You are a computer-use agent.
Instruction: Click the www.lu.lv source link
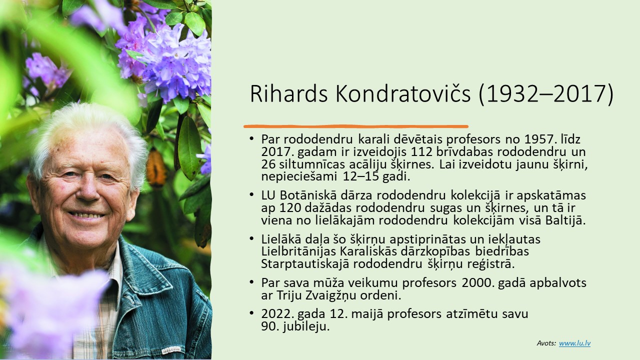coord(574,343)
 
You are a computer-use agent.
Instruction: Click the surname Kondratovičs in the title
coord(403,94)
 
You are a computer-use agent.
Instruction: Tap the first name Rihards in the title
coord(289,94)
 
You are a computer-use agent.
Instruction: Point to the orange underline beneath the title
coord(356,126)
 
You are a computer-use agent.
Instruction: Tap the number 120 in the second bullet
coord(289,208)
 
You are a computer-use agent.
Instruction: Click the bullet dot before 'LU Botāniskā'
coord(251,195)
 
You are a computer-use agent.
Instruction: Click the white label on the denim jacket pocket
coord(171,350)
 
